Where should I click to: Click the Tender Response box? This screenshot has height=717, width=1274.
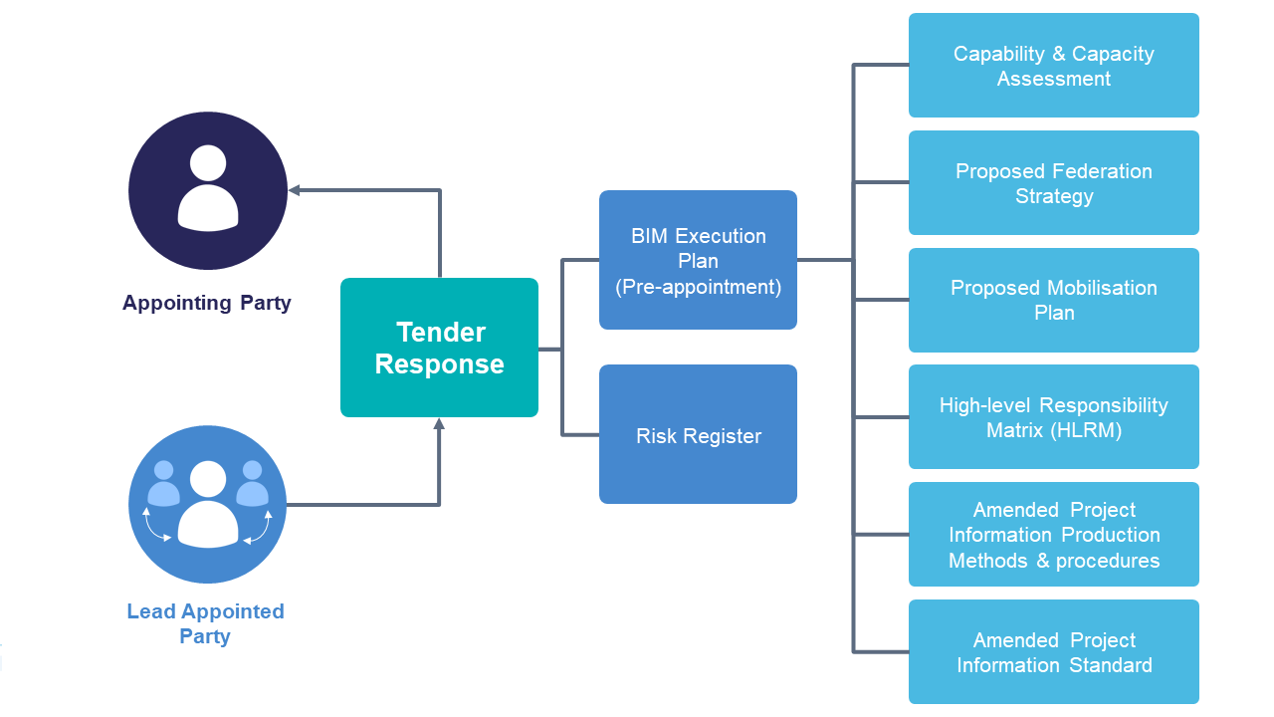439,348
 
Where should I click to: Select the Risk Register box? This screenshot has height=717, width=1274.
698,434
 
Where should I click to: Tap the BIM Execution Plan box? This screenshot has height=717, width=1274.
698,260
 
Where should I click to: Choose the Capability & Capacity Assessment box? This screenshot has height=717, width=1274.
1053,66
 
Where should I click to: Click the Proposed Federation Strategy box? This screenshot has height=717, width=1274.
1053,183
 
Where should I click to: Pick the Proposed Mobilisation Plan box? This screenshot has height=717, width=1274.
1053,300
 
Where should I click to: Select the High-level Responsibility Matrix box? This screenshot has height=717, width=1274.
1053,417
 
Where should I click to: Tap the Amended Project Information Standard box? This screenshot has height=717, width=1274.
1053,652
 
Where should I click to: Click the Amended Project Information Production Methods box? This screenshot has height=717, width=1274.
1053,535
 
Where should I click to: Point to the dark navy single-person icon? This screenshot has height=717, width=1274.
208,190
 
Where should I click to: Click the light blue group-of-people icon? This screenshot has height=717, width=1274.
208,505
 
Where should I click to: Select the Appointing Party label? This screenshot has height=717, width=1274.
207,303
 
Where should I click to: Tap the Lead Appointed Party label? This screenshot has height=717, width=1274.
205,623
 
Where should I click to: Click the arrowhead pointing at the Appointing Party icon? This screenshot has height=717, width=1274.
295,190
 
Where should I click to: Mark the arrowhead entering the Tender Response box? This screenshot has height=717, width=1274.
439,424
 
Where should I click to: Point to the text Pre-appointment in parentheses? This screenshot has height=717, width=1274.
698,287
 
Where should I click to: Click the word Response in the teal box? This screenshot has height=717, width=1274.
439,364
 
